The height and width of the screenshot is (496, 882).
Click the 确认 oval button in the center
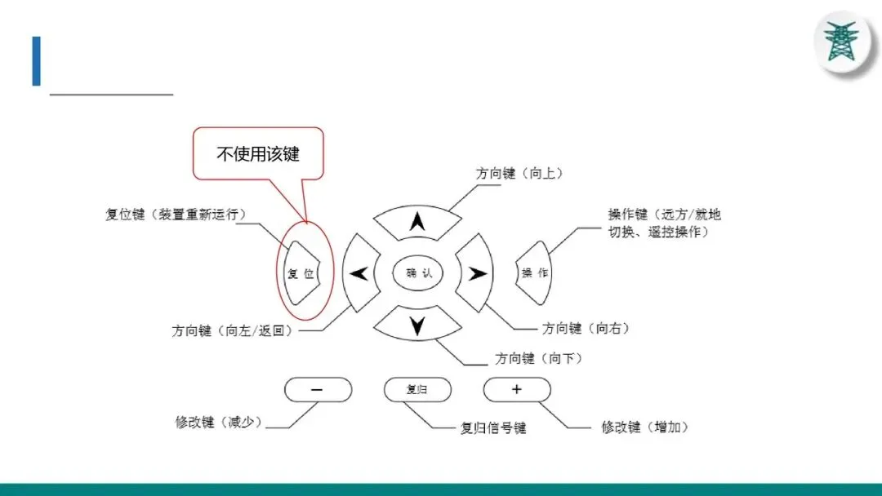coord(418,273)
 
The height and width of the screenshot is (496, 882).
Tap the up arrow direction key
coord(417,220)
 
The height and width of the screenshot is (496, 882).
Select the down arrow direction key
coord(417,326)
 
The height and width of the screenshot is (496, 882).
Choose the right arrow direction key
coord(474,273)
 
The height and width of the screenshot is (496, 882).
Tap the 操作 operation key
coord(535,272)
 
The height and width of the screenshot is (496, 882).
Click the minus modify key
coord(318,390)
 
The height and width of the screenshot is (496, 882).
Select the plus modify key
coord(516,390)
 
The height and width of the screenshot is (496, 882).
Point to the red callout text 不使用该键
coord(258,153)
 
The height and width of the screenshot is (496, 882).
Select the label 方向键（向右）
coord(586,328)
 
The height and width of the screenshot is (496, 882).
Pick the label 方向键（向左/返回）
coord(232,331)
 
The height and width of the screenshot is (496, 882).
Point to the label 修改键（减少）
coord(218,422)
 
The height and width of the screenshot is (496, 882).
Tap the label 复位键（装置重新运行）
coord(176,214)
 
